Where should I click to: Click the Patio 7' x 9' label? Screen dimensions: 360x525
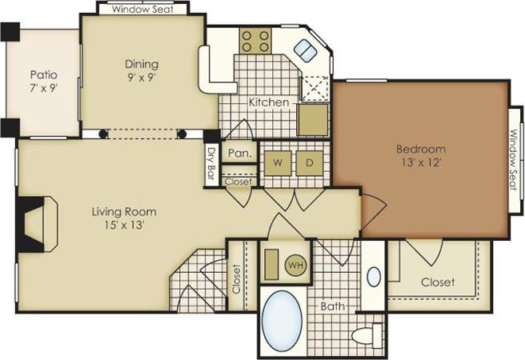tap(43, 81)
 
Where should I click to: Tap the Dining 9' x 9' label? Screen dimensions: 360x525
tap(141, 70)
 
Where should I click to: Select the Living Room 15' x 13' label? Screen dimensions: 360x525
tap(123, 218)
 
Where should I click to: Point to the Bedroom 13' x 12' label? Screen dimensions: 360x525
tap(420, 155)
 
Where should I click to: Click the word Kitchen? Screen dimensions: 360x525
tap(268, 102)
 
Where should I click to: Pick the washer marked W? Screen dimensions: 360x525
tap(277, 163)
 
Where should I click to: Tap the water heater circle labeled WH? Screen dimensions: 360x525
tap(295, 265)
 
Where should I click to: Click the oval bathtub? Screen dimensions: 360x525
tap(283, 320)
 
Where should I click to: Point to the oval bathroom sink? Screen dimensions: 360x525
tap(373, 277)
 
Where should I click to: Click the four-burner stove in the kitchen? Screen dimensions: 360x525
tap(255, 41)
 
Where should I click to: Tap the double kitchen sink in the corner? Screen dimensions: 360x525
tap(305, 50)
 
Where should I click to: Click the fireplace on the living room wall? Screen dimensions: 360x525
tap(35, 224)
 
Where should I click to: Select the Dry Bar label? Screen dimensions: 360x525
tap(211, 163)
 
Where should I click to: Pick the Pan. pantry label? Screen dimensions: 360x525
tap(238, 153)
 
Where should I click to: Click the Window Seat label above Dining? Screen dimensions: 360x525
tap(142, 10)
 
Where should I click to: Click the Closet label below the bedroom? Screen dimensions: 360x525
tap(438, 282)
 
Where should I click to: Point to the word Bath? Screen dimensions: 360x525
tap(332, 306)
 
